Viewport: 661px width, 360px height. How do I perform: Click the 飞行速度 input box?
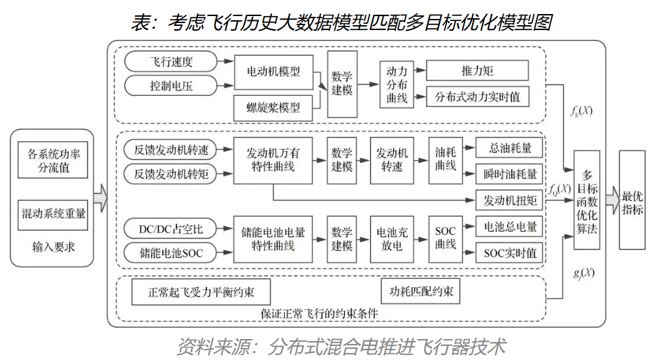point(171,62)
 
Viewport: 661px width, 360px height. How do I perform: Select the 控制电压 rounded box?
point(171,87)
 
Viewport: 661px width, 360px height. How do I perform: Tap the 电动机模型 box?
point(273,71)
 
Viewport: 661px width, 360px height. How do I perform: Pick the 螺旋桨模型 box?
point(273,107)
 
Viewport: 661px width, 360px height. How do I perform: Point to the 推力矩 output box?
point(477,71)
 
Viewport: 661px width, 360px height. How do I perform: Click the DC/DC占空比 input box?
point(171,228)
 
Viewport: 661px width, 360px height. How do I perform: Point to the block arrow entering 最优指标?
point(612,201)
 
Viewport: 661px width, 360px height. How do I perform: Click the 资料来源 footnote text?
point(340,346)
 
